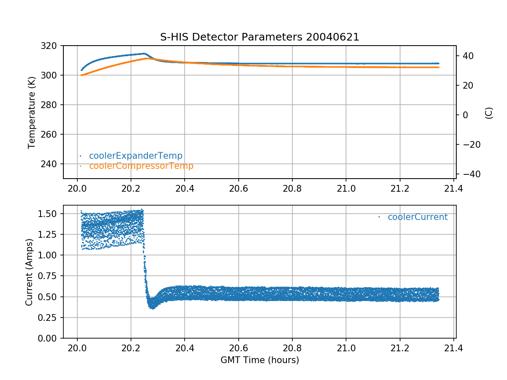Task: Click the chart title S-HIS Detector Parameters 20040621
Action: point(259,37)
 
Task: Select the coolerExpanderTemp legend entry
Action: point(136,156)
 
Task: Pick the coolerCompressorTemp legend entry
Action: point(141,166)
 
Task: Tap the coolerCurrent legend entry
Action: point(417,217)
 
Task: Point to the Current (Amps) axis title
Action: point(29,272)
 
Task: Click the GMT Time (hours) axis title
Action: point(259,360)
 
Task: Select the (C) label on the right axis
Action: point(489,113)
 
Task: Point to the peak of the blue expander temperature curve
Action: point(144,54)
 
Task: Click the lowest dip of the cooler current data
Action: point(152,308)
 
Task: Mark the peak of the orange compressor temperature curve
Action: point(147,58)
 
